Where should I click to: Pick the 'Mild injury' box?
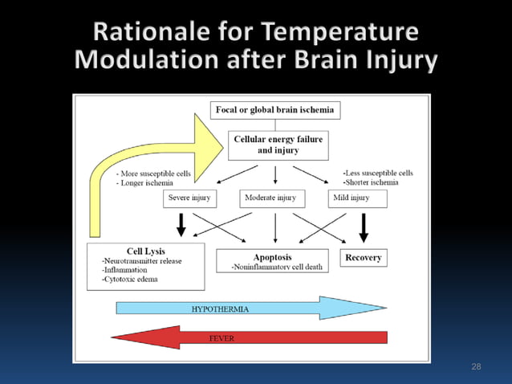coord(358,198)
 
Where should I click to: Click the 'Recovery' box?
coord(364,258)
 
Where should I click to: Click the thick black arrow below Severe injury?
coord(181,226)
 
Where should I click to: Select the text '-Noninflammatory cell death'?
coord(275,266)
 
